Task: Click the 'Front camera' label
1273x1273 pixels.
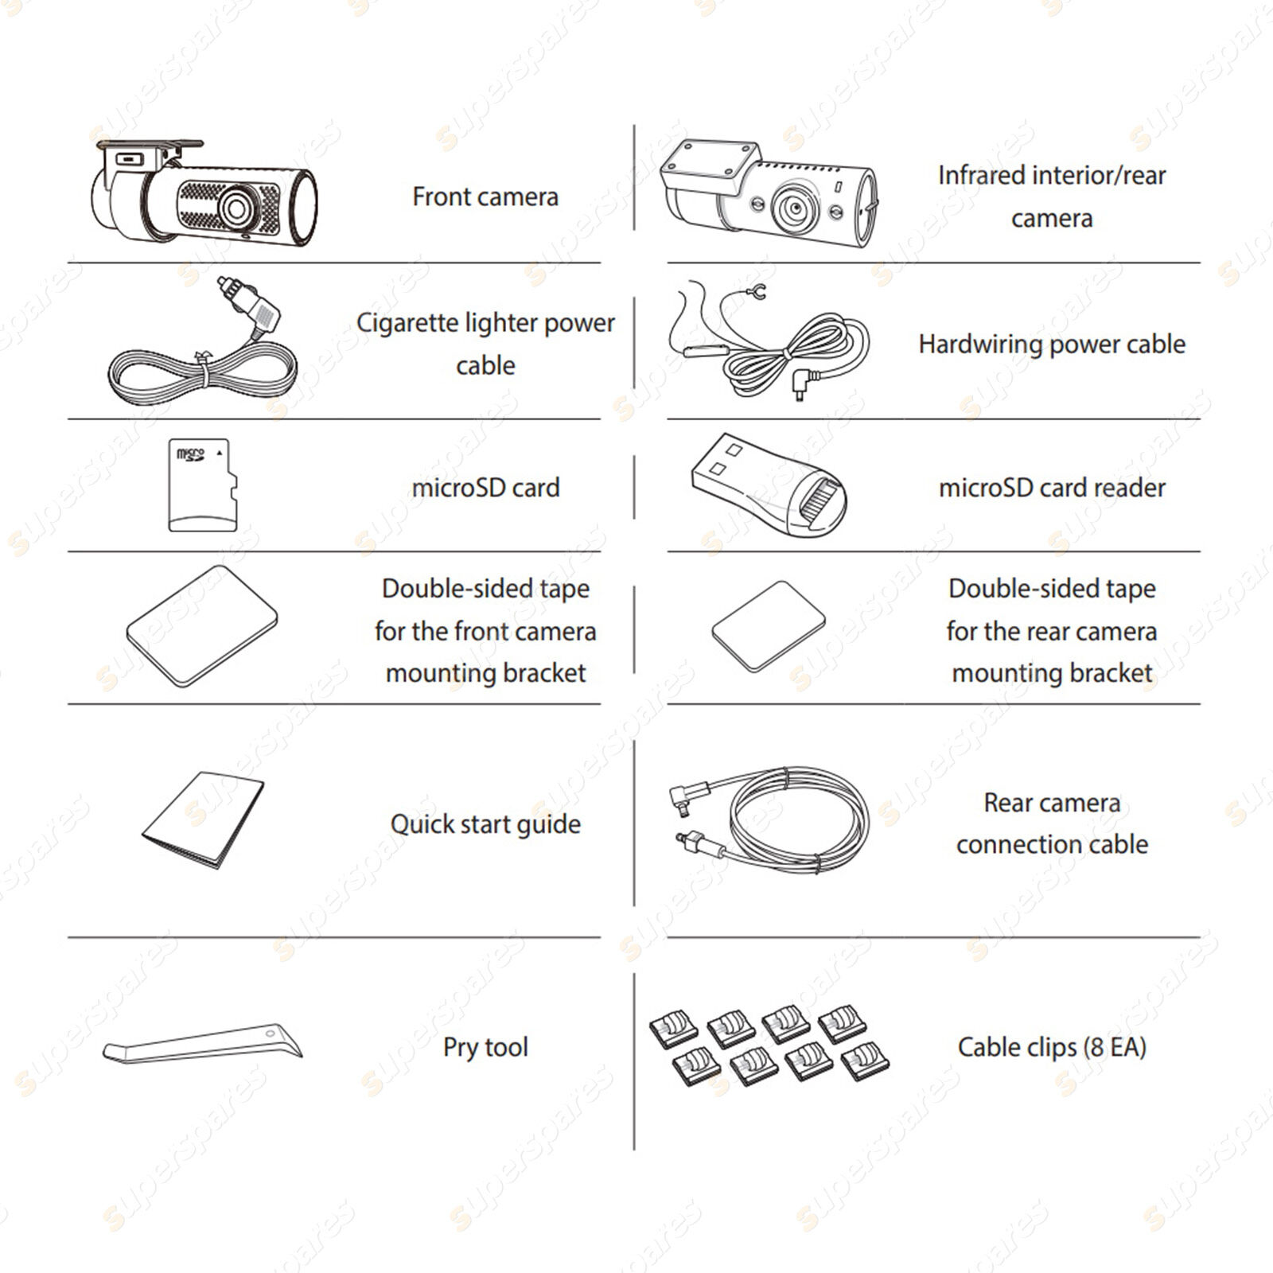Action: [485, 197]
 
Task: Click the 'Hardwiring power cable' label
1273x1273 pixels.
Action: [1052, 344]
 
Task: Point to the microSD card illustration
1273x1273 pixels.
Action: [203, 485]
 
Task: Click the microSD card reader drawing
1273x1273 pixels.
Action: [769, 485]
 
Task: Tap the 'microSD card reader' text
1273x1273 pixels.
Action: [1052, 487]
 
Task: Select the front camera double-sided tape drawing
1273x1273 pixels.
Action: [202, 626]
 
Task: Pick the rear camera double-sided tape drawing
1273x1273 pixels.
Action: [769, 627]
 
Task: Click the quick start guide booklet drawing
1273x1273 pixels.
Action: [204, 819]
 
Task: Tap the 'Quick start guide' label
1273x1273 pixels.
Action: [485, 824]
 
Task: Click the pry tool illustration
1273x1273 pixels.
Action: [203, 1045]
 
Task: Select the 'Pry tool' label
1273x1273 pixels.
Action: [485, 1047]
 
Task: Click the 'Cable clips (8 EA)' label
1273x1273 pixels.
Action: [1052, 1047]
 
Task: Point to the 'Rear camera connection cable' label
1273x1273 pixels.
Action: [1052, 823]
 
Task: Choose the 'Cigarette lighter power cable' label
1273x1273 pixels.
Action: [485, 344]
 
